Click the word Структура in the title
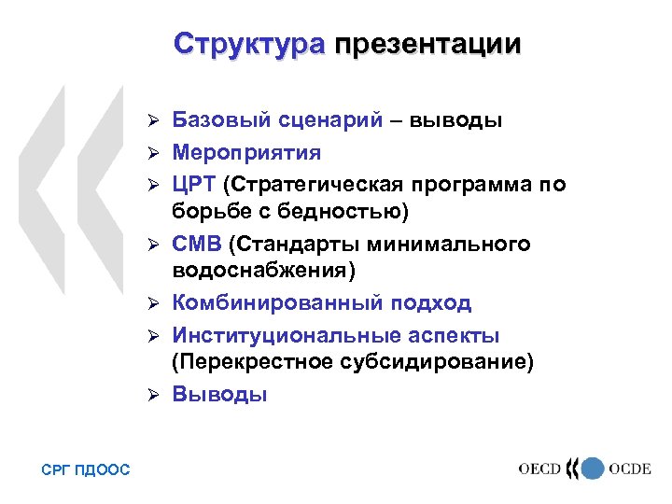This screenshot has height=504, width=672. pyautogui.click(x=249, y=44)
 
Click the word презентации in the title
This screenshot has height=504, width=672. pyautogui.click(x=428, y=44)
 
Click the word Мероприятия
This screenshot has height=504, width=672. pyautogui.click(x=246, y=152)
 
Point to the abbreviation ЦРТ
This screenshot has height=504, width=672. pyautogui.click(x=194, y=183)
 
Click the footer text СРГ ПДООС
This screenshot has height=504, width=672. pyautogui.click(x=86, y=470)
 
